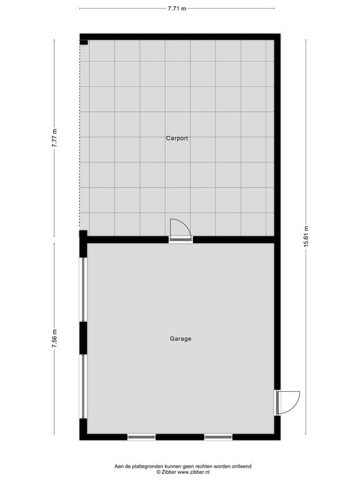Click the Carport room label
(x=177, y=138)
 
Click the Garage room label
(x=181, y=339)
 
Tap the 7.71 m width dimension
(x=177, y=9)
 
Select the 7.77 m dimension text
(x=54, y=138)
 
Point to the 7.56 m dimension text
(x=54, y=339)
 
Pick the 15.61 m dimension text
(x=306, y=237)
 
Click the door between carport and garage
(x=181, y=231)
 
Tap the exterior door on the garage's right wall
(x=287, y=402)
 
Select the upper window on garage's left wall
(x=83, y=289)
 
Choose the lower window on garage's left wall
(x=83, y=386)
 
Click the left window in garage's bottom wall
(x=141, y=437)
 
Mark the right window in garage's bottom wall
(x=218, y=437)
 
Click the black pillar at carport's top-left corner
(x=84, y=42)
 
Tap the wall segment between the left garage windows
(x=83, y=338)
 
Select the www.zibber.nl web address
(x=194, y=472)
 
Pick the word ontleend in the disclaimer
(x=241, y=466)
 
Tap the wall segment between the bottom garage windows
(x=180, y=437)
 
